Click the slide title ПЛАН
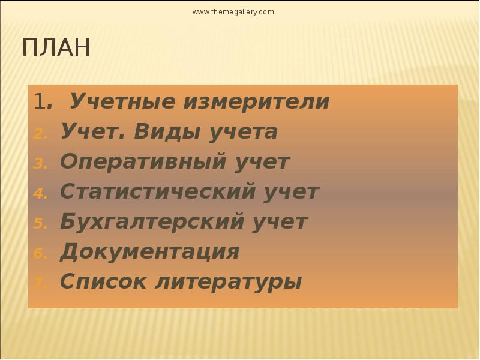56,48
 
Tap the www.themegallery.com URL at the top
233,12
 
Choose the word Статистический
157,192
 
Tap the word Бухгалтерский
151,222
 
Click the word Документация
150,252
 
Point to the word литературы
229,281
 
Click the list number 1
40,103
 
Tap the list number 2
39,134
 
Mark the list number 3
39,164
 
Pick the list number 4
39,194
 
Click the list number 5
39,224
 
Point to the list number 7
39,283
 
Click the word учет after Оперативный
260,162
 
